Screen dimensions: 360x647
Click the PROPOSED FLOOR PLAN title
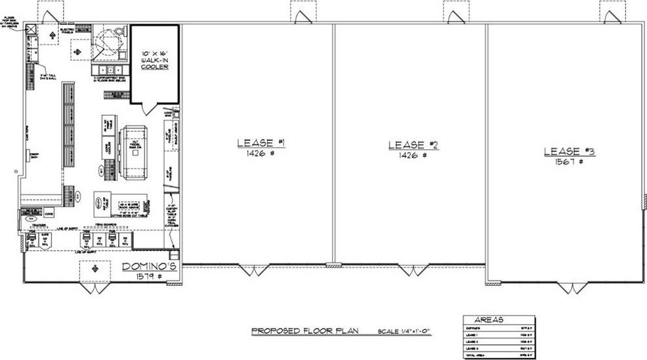(x=304, y=332)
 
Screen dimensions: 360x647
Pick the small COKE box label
(x=48, y=214)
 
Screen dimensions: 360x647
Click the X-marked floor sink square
(x=31, y=29)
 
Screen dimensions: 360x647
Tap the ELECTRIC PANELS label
(x=66, y=30)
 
